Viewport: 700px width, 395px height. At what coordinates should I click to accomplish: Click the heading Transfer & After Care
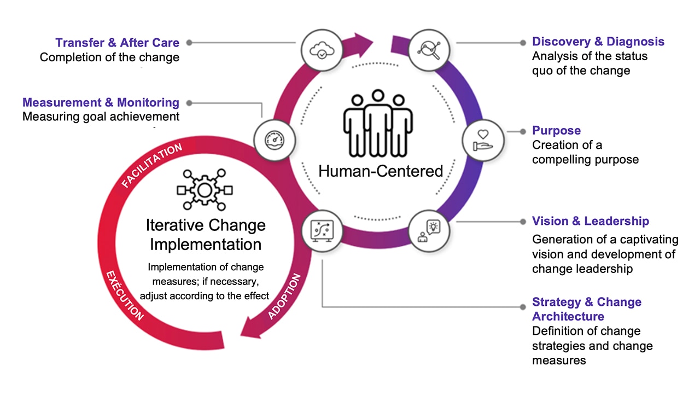(x=117, y=42)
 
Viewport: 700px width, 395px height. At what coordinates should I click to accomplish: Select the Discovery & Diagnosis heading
(x=598, y=42)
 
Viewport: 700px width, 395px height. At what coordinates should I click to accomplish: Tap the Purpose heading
(x=556, y=131)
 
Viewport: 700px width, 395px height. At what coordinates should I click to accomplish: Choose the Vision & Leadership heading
(x=591, y=221)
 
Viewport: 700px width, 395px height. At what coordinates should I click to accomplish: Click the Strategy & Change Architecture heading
(x=586, y=309)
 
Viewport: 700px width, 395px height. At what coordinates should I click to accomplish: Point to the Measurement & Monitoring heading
(x=101, y=102)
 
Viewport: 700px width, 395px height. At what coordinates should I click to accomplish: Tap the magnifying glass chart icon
(x=429, y=49)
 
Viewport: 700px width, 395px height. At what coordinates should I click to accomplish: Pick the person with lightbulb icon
(x=429, y=230)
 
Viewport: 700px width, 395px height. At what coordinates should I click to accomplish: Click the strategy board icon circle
(x=322, y=230)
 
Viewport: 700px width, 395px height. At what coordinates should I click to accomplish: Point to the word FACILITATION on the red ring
(x=151, y=165)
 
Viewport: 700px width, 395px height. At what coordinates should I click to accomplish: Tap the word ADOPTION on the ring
(x=285, y=296)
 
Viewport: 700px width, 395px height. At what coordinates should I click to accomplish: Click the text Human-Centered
(x=380, y=171)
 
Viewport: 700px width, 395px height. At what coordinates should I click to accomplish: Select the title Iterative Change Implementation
(x=205, y=234)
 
